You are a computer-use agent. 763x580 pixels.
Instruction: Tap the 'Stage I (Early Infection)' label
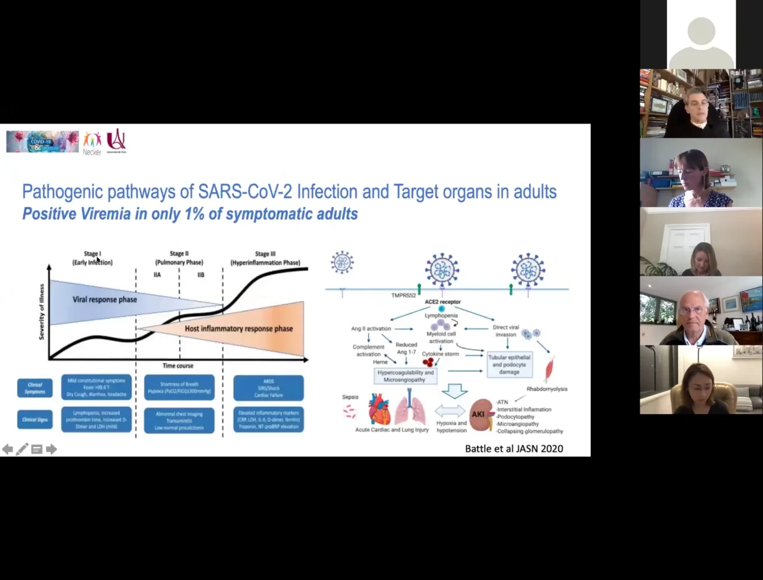click(92, 258)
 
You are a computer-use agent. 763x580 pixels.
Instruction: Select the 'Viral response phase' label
click(105, 300)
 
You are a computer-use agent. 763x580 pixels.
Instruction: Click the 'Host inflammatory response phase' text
click(238, 329)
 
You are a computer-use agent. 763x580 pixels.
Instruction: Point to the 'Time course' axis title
click(178, 366)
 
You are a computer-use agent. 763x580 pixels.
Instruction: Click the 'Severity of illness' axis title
click(42, 311)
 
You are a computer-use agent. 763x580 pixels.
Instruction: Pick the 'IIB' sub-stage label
click(201, 275)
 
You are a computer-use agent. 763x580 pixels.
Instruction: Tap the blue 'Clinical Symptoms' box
click(35, 388)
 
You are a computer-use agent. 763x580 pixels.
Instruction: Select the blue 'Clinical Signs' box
click(35, 419)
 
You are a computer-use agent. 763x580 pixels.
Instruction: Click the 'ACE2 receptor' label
click(442, 302)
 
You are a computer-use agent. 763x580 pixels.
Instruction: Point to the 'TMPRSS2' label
click(404, 295)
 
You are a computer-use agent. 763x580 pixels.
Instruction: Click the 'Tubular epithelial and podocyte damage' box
click(509, 365)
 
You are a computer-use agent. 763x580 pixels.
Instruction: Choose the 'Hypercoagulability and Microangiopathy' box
click(405, 376)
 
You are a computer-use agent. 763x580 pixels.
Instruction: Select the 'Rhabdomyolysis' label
click(547, 389)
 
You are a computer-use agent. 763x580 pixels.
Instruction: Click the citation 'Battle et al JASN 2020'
click(514, 449)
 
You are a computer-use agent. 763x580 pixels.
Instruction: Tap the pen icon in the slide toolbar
click(22, 449)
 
